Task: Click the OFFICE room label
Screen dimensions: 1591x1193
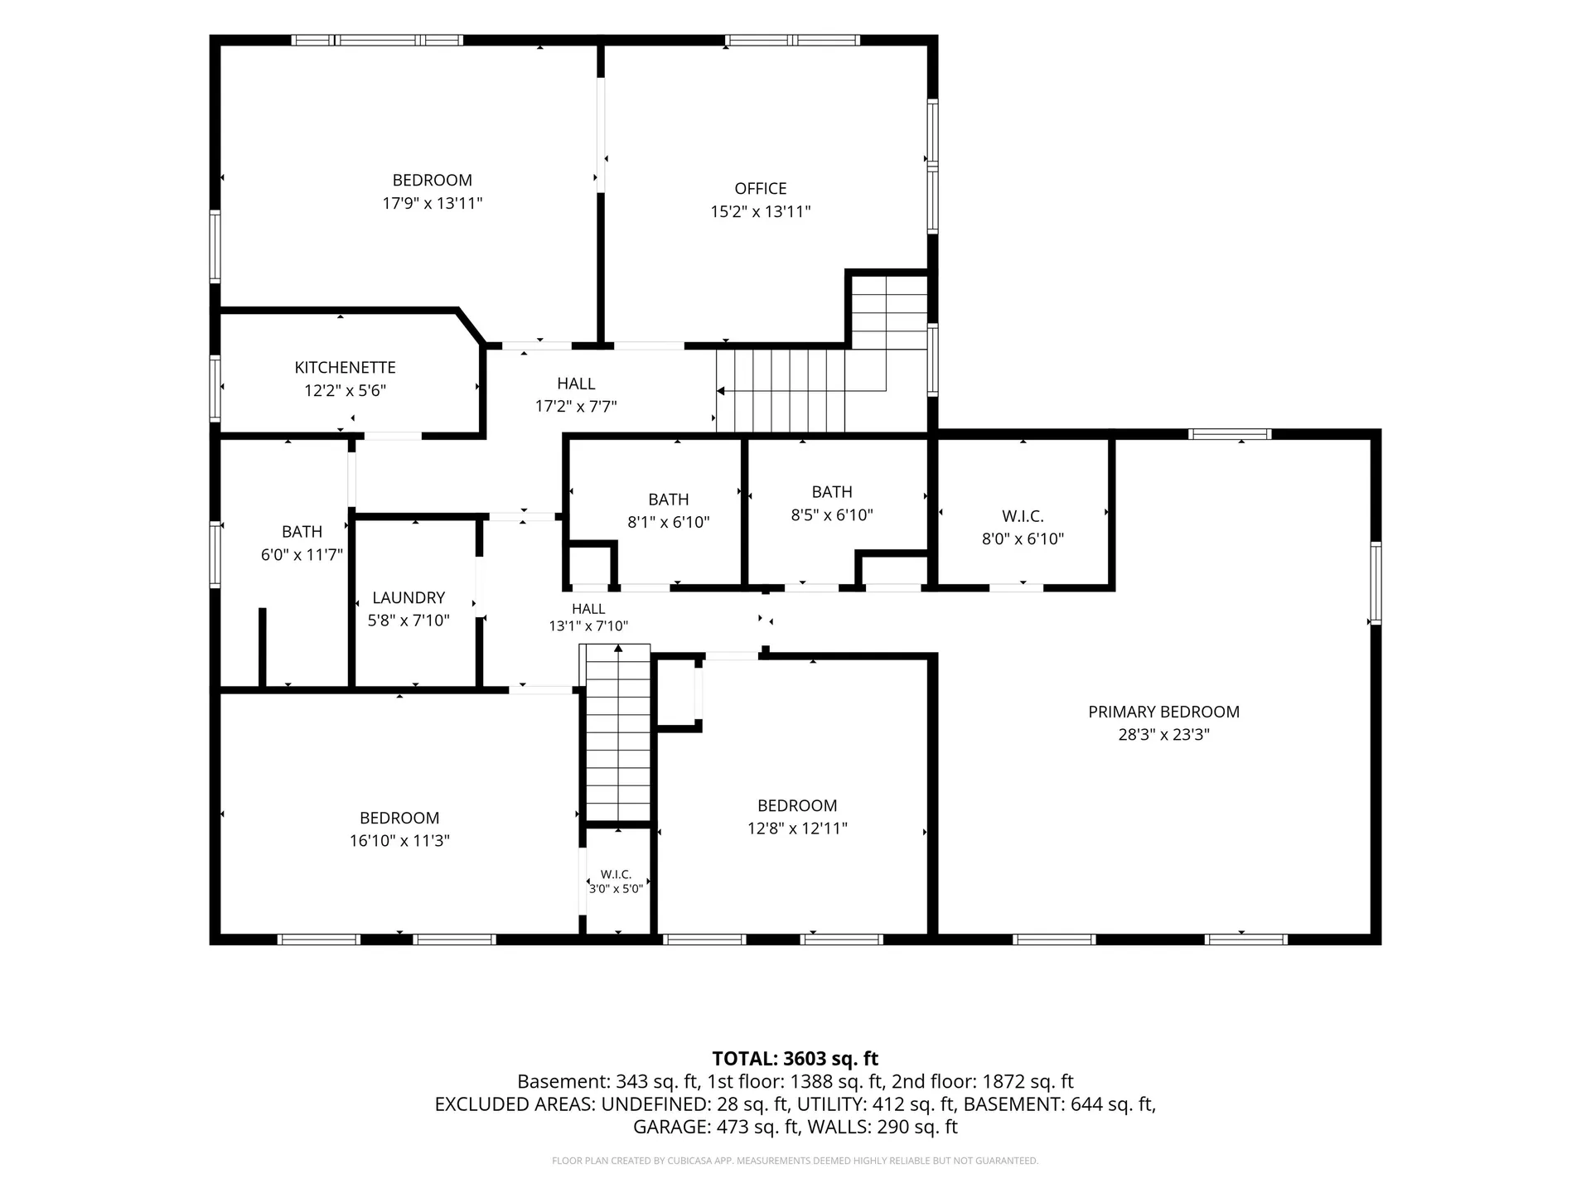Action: (x=760, y=189)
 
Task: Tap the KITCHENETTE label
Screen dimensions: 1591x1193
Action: (x=345, y=367)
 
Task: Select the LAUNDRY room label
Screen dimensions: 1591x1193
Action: (x=409, y=597)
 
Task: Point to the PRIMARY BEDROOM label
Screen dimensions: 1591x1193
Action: (x=1163, y=712)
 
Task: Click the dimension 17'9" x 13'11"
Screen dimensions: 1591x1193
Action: (x=432, y=203)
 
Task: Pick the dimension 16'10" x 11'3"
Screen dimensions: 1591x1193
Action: (x=399, y=841)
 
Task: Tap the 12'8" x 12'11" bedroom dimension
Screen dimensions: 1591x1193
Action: (x=797, y=828)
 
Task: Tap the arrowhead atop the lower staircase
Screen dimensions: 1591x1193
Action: (x=617, y=649)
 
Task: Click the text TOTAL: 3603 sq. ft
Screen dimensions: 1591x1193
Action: (x=795, y=1059)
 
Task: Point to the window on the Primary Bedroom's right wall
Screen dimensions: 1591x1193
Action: (x=1376, y=582)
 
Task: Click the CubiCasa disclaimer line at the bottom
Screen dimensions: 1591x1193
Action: (x=795, y=1161)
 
